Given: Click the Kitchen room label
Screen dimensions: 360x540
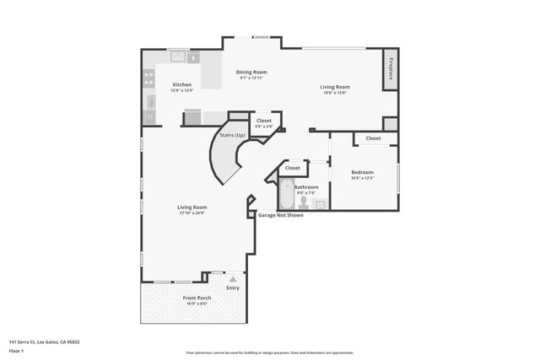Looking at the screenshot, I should click(x=182, y=85).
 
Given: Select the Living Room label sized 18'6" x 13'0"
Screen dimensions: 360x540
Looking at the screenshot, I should click(x=335, y=87).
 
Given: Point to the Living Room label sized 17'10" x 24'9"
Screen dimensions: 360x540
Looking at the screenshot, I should click(x=192, y=207).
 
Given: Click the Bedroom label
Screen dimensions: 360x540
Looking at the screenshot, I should click(x=363, y=172).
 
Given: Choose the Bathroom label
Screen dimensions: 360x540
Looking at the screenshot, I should click(x=306, y=186).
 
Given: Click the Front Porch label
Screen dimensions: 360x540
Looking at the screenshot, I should click(x=197, y=298).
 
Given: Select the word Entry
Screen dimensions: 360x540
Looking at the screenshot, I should click(x=233, y=287).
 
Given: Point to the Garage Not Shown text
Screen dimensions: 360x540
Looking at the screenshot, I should click(x=281, y=215).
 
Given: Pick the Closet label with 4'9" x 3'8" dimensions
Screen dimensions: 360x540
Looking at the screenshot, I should click(x=264, y=121).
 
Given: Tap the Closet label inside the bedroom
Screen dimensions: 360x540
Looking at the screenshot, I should click(x=373, y=138).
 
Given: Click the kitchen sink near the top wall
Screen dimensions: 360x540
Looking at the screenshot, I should click(x=179, y=57).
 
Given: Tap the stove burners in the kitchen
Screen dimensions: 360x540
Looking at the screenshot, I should click(x=149, y=78).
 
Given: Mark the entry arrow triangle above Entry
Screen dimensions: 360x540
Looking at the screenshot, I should click(x=233, y=278).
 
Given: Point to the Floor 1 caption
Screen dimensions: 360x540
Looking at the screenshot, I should click(x=15, y=350).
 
